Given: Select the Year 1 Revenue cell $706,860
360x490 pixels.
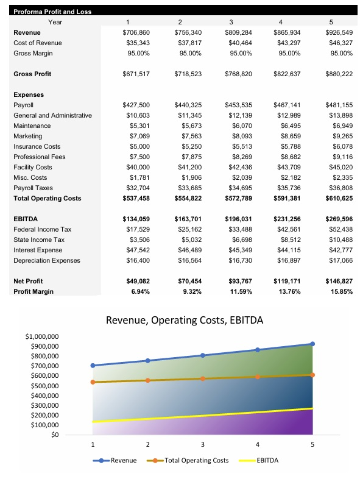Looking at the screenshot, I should pos(136,32).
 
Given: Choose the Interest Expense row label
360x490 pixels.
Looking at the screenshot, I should pos(37,250).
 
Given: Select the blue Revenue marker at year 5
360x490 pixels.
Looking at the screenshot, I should pos(312,344).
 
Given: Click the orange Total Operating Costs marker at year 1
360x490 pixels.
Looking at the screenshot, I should pos(93,382).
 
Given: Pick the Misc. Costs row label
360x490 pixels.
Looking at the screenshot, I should pos(30,177).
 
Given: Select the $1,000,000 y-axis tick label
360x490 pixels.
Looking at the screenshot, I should pos(42,336).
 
